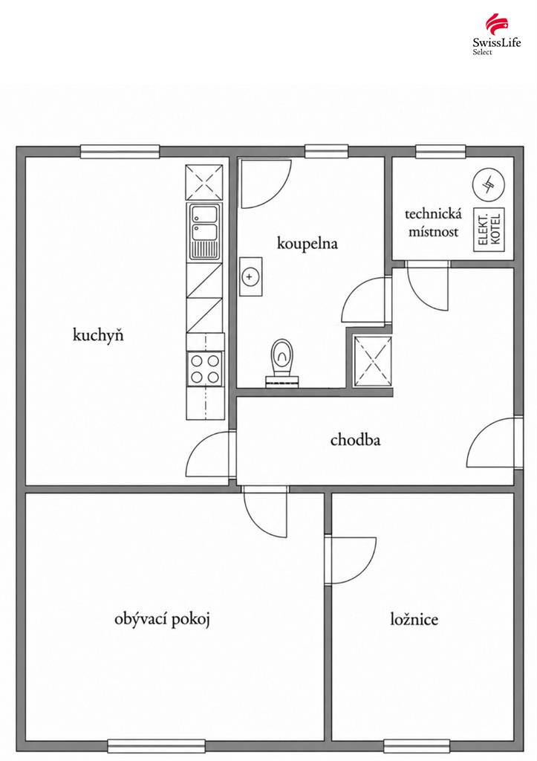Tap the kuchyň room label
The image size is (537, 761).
pos(98,335)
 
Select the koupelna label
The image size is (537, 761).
pos(307,243)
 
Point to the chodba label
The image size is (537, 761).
pos(355,440)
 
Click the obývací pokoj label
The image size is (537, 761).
pos(162,619)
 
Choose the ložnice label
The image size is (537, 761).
pos(414,619)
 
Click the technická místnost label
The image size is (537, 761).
pos(433,222)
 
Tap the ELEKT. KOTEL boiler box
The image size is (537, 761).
pos(489,230)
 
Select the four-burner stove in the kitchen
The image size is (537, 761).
pos(205,369)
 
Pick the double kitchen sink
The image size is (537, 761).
pos(205,231)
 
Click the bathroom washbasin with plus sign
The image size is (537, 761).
pos(251,276)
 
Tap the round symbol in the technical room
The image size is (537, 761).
pos(489,184)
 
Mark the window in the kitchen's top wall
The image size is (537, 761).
pos(120,152)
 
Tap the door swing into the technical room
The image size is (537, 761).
pos(427,286)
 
